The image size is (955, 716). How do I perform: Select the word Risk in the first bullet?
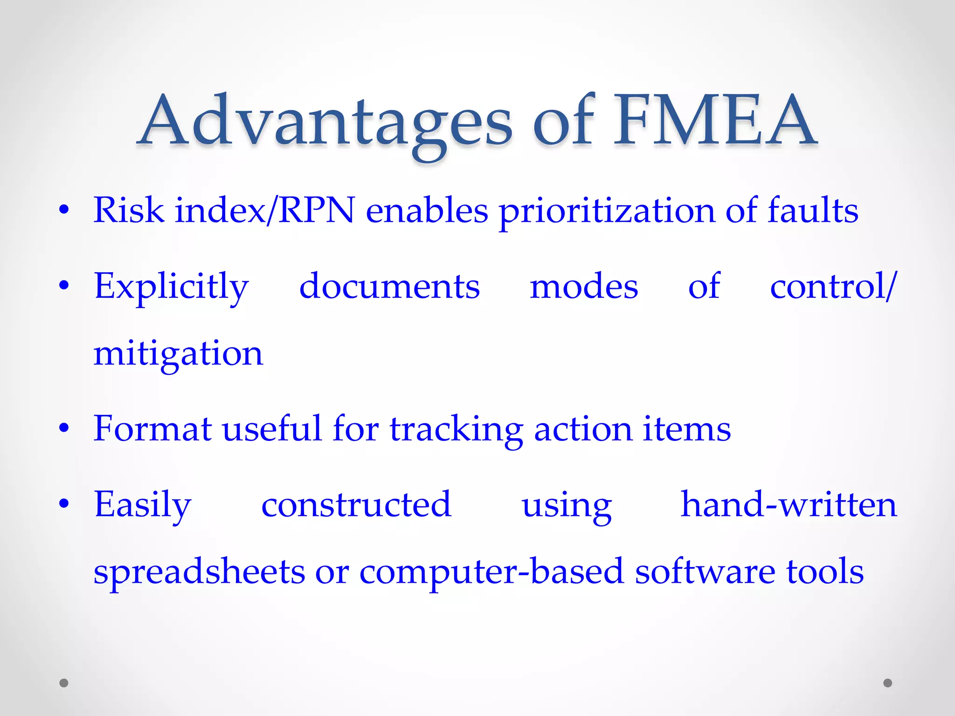click(x=129, y=210)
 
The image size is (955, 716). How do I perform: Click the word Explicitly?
click(x=171, y=287)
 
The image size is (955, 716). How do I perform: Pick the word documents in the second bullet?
click(x=389, y=286)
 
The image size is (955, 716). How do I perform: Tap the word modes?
click(x=584, y=286)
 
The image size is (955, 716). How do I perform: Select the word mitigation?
click(x=178, y=354)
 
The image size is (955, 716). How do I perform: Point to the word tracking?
click(x=457, y=430)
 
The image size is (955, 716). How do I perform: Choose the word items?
click(x=686, y=429)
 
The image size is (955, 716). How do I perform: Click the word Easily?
click(x=143, y=505)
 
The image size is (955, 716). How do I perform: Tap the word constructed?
click(x=356, y=504)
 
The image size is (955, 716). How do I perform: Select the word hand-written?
click(x=789, y=504)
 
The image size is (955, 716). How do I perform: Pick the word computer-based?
click(x=491, y=572)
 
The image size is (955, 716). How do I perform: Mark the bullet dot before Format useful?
click(x=64, y=427)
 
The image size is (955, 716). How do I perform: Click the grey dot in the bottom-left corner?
click(x=64, y=683)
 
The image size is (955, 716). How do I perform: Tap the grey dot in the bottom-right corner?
click(x=888, y=683)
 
